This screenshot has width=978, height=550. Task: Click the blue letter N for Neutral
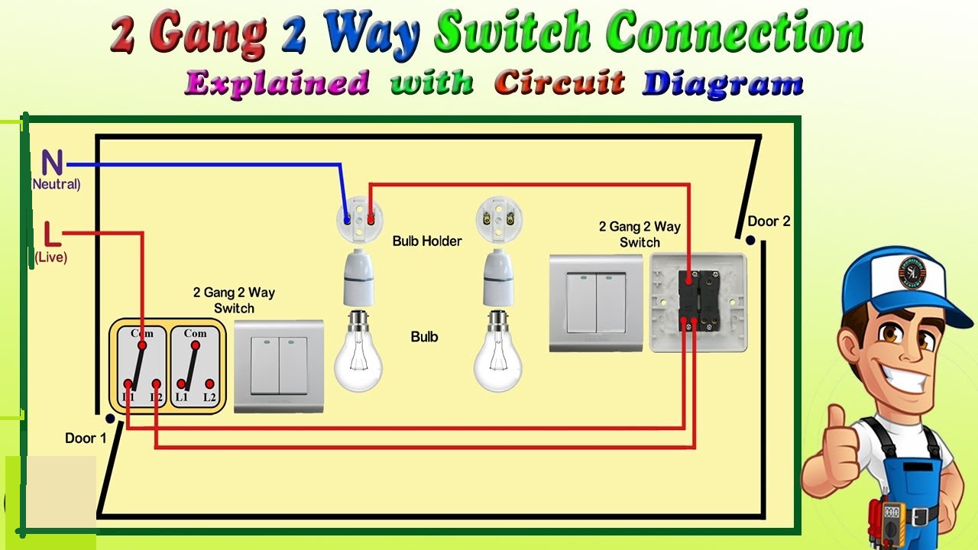tap(52, 163)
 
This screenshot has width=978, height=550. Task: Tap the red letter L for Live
tap(51, 233)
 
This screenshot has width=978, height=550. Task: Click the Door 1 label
tap(86, 438)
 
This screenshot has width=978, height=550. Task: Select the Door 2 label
tap(769, 222)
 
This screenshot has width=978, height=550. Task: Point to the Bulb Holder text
tap(427, 241)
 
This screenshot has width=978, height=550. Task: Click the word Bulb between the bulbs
tap(425, 337)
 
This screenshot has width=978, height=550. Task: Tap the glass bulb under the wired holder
tap(358, 354)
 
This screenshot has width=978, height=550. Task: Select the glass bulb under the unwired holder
tap(497, 354)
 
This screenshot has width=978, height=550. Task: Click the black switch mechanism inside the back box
tap(698, 300)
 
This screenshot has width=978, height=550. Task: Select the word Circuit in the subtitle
tap(559, 82)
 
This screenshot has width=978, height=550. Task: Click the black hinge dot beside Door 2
tap(750, 240)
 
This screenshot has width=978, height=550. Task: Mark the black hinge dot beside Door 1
tap(110, 419)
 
